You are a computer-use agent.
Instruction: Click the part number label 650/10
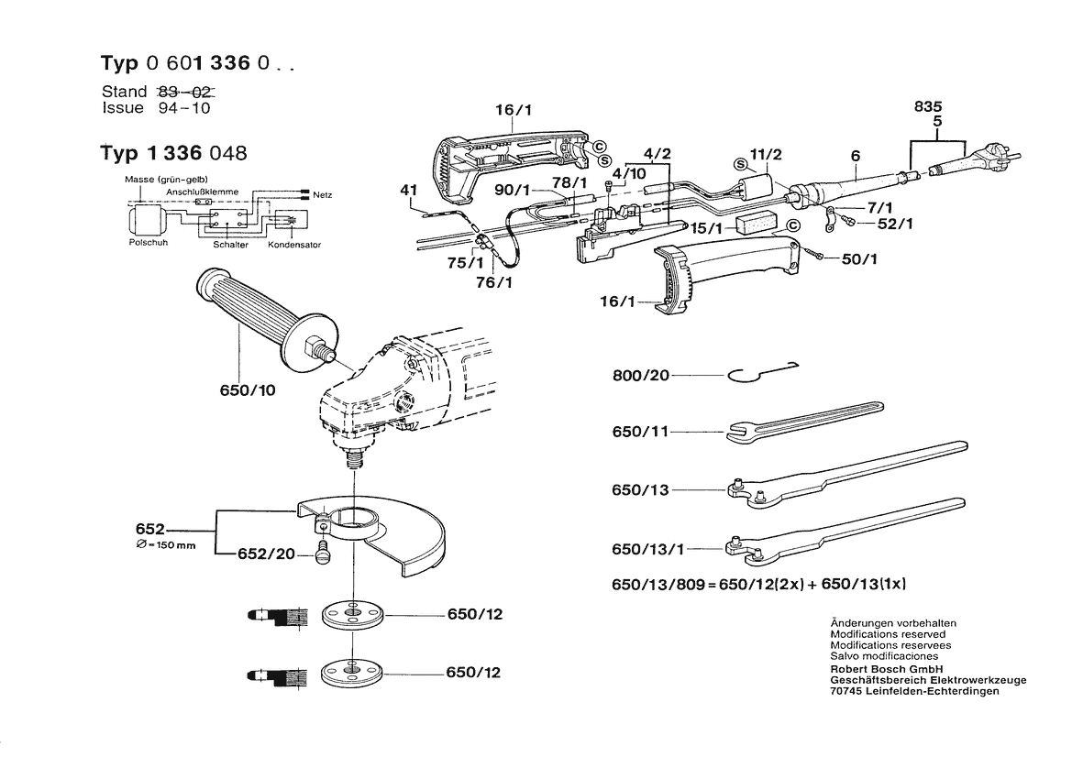249,389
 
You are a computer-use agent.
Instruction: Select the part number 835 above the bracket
928,106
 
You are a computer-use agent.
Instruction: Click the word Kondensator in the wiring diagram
293,246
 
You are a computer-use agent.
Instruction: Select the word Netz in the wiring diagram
322,195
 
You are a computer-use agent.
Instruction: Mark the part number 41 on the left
408,191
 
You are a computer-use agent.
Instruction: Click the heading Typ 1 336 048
173,153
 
